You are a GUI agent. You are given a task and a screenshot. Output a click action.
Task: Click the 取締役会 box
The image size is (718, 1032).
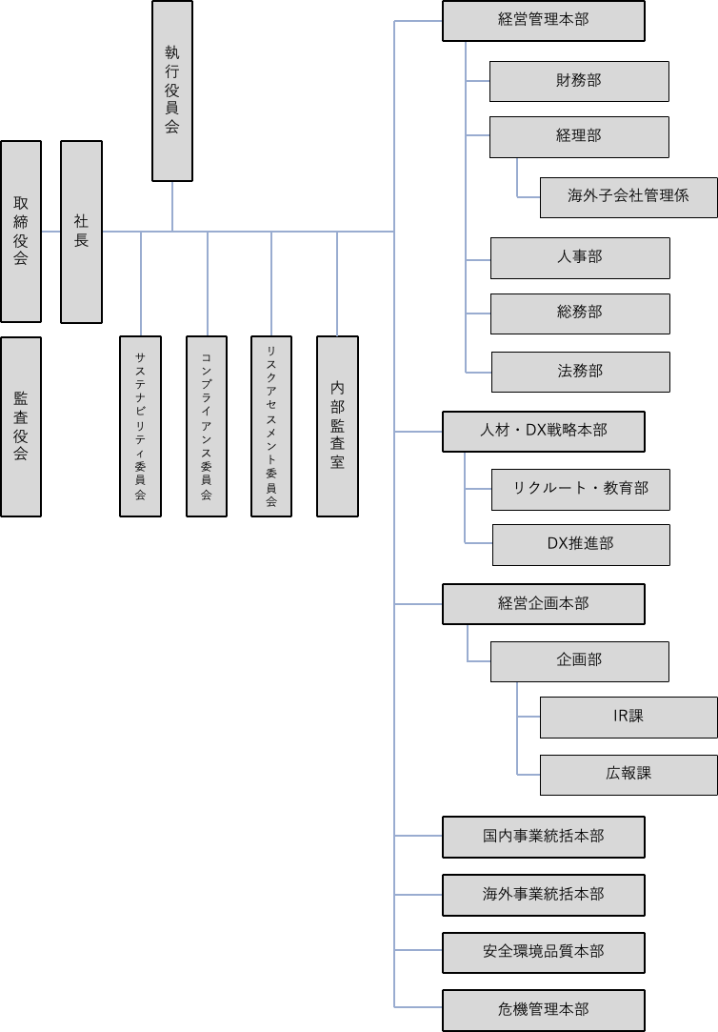tap(21, 232)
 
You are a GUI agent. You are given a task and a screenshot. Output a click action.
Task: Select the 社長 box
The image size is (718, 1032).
tap(81, 232)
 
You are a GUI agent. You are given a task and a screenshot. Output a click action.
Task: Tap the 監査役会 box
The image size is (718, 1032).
tap(21, 426)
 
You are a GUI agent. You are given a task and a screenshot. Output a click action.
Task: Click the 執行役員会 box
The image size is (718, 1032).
tap(172, 91)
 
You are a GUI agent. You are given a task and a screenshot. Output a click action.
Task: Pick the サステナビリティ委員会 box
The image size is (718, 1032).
tap(140, 426)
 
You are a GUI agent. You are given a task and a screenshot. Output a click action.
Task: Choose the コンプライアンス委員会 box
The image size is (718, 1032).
tap(207, 426)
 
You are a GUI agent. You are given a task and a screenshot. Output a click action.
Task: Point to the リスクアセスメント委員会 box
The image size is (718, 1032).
tap(271, 426)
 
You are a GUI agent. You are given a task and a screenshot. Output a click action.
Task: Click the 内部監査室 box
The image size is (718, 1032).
tap(337, 426)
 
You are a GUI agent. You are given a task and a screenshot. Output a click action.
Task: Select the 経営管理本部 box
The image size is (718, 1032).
tap(544, 21)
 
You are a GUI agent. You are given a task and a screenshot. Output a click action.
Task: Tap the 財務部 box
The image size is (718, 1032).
tap(579, 81)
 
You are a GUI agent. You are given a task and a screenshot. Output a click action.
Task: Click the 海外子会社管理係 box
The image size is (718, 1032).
tap(628, 197)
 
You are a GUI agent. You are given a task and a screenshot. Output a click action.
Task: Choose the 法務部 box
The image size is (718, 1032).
tap(580, 372)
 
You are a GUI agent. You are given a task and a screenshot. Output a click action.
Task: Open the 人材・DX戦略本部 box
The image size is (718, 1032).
tap(544, 431)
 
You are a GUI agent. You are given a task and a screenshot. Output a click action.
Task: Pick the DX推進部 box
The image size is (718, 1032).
tap(581, 544)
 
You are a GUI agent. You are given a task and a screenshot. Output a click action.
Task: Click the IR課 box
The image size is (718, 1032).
tap(628, 717)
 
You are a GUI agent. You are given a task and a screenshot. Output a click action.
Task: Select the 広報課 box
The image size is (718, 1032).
tap(628, 775)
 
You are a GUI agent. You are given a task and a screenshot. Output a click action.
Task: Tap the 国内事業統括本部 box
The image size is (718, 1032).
tap(544, 837)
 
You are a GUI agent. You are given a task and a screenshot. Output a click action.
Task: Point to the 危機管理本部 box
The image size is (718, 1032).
tap(544, 1010)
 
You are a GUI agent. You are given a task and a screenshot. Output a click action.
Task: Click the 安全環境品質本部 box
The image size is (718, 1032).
tap(544, 952)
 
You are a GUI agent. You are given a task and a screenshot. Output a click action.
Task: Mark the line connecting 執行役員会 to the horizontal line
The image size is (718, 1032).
tap(172, 206)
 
